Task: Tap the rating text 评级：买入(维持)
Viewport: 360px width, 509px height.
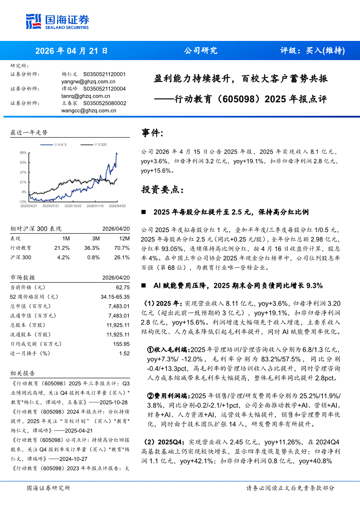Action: tap(312, 50)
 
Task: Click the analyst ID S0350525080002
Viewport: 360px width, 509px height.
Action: tap(105, 103)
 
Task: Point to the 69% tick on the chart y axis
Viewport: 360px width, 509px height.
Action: tap(23, 153)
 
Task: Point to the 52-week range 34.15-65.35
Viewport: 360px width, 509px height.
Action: tap(115, 297)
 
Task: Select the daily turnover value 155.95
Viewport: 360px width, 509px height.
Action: tap(121, 344)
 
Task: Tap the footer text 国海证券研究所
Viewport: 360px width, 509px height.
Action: tap(48, 488)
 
